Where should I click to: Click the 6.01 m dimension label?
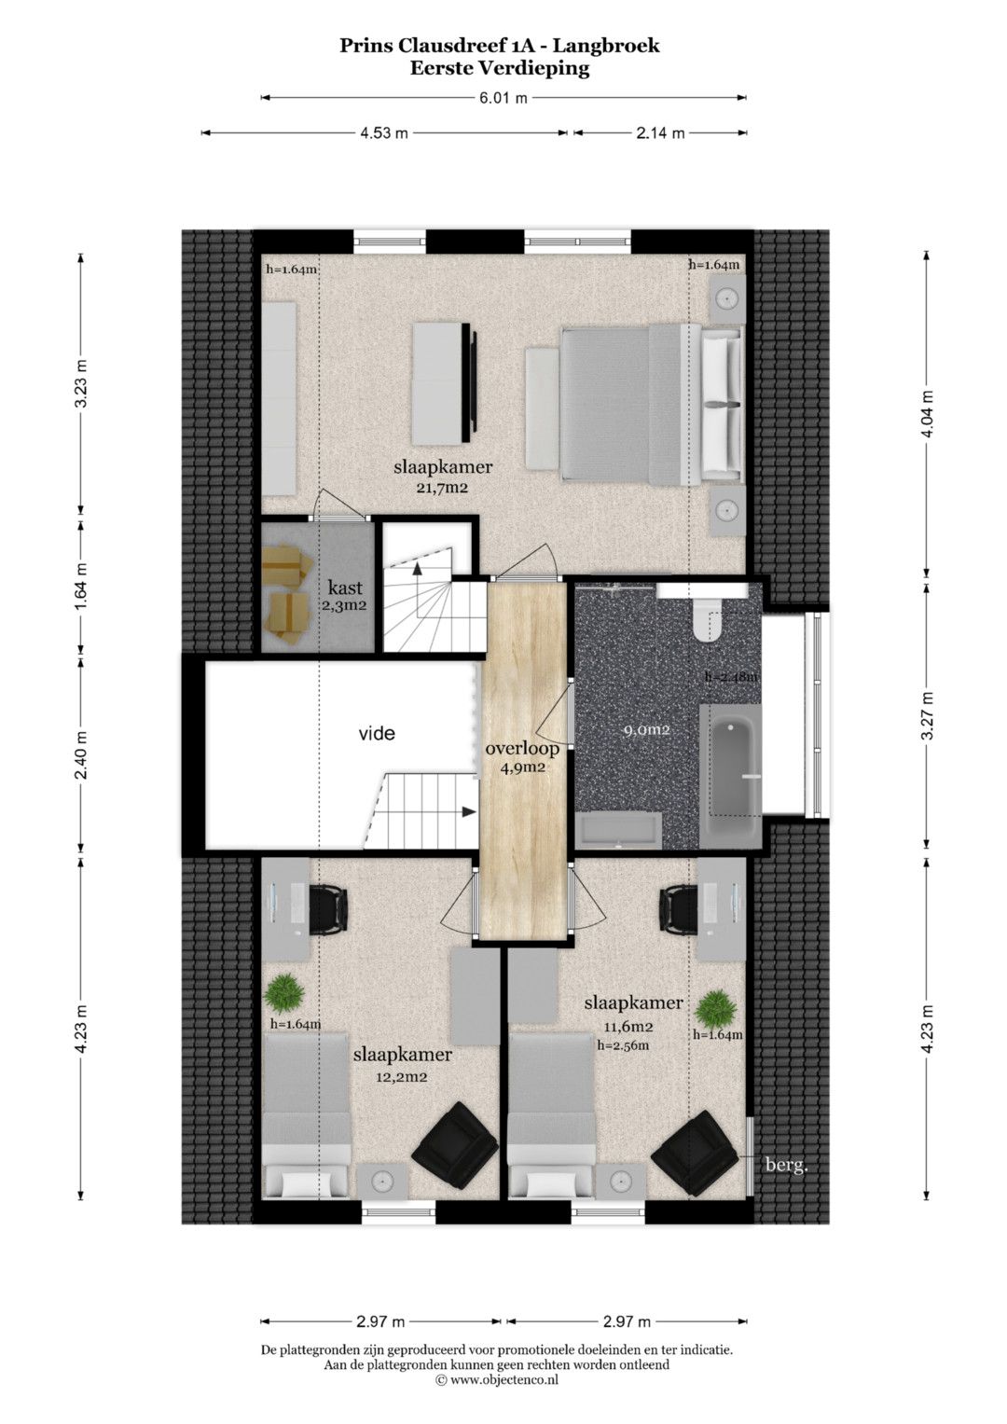pyautogui.click(x=503, y=98)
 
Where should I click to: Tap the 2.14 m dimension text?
pyautogui.click(x=660, y=132)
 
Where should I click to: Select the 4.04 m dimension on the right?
pyautogui.click(x=928, y=413)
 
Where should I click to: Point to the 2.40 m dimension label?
pyautogui.click(x=81, y=755)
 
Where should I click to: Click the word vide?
pyautogui.click(x=377, y=734)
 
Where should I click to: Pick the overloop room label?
pyautogui.click(x=522, y=749)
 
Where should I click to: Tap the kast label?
pyautogui.click(x=345, y=587)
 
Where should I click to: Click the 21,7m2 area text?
pyautogui.click(x=443, y=489)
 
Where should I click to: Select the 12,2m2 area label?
pyautogui.click(x=401, y=1077)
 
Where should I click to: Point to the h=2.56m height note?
pyautogui.click(x=623, y=1044)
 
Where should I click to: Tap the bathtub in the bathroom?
pyautogui.click(x=730, y=774)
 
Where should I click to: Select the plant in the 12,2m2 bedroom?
pyautogui.click(x=283, y=995)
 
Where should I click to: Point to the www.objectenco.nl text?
pyautogui.click(x=504, y=1379)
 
